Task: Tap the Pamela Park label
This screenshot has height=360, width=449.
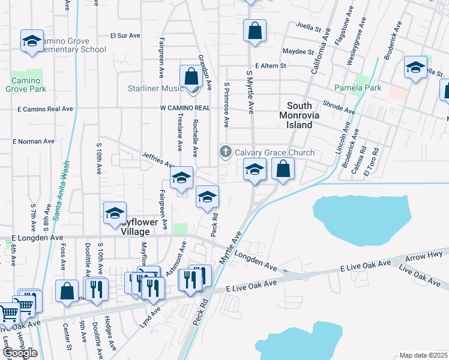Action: click(358, 88)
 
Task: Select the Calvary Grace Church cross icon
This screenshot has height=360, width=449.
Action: click(226, 152)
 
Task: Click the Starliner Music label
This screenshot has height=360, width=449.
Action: click(155, 88)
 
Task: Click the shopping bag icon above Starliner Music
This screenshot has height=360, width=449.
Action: click(191, 77)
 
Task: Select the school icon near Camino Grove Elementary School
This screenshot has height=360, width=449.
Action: click(32, 41)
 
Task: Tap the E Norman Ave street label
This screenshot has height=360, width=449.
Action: click(34, 142)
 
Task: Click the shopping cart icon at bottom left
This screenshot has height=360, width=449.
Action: click(8, 313)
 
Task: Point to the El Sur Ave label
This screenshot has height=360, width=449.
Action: click(125, 35)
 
